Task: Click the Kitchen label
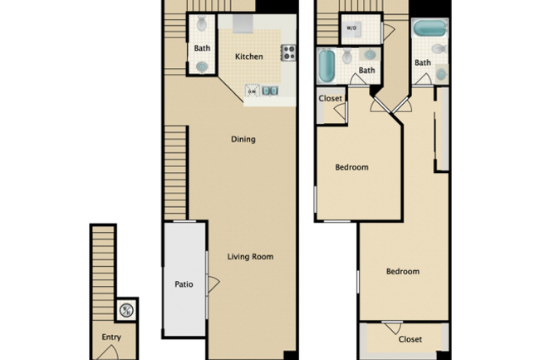[x=249, y=57]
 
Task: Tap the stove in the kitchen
[x=288, y=52]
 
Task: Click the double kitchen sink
[x=269, y=91]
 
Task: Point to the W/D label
[x=351, y=28]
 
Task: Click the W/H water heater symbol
[x=126, y=310]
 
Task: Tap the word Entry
[x=111, y=338]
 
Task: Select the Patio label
[x=184, y=284]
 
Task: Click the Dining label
[x=243, y=140]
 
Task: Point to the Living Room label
[x=250, y=257]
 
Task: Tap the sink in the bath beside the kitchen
[x=202, y=67]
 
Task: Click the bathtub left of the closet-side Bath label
[x=326, y=66]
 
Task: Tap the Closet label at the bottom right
[x=410, y=339]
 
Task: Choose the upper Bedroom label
[x=351, y=167]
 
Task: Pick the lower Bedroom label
[x=402, y=272]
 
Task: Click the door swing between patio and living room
[x=213, y=284]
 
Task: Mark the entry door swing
[x=106, y=353]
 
